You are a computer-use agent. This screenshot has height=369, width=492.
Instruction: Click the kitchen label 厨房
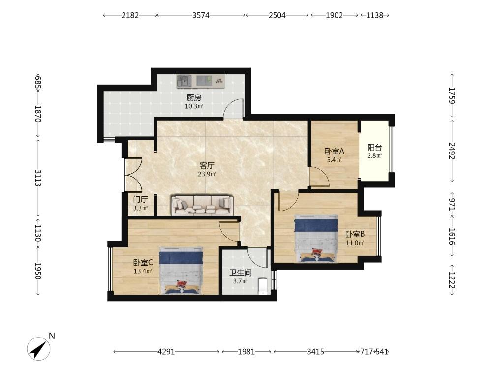point(194,98)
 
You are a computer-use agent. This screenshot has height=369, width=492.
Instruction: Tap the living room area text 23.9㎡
point(207,174)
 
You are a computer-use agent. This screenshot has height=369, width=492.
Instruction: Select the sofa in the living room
point(202,205)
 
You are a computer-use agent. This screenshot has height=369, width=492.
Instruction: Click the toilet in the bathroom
point(263,286)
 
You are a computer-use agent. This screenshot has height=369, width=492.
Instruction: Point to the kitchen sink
point(184,81)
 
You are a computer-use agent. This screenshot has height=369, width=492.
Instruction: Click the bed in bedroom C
point(181,271)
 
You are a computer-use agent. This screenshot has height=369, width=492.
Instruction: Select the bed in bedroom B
point(316,239)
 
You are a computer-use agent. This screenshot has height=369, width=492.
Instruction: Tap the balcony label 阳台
point(374,147)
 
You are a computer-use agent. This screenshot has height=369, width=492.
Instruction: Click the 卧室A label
point(334,151)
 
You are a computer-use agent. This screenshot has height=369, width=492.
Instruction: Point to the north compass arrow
point(38,348)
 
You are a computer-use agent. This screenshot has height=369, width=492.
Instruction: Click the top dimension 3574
point(201,15)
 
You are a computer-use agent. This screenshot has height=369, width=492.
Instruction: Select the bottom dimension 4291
point(166,352)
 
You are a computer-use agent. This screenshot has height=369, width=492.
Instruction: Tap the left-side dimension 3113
point(38,178)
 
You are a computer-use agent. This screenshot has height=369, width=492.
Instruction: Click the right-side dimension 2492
point(452,151)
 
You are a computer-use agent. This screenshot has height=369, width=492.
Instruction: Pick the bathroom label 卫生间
point(241,273)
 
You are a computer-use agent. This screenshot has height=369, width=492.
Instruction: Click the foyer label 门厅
point(140,200)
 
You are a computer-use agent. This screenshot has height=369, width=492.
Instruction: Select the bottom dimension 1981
point(246,352)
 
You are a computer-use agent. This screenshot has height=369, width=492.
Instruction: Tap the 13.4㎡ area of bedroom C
point(143,271)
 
